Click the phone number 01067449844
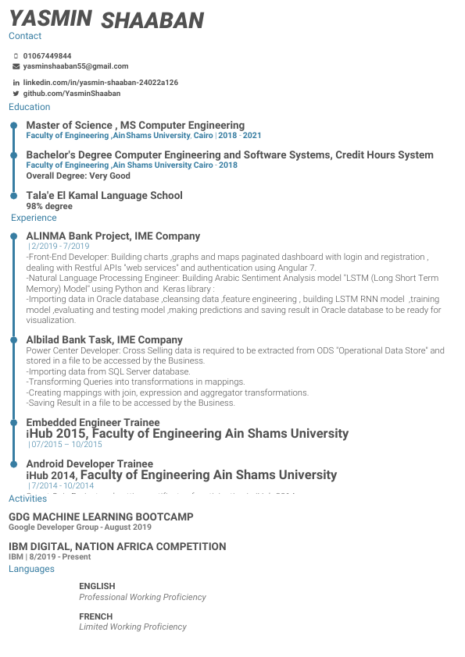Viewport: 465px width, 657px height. point(47,56)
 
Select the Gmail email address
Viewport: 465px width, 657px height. point(75,66)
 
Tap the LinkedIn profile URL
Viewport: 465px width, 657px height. point(100,83)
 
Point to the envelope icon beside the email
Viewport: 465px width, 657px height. point(16,66)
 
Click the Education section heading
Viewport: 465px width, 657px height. point(29,107)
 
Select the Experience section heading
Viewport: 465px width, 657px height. point(34,218)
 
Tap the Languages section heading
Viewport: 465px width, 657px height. point(31,569)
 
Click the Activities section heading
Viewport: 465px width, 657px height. point(27,499)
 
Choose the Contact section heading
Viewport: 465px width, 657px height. point(25,36)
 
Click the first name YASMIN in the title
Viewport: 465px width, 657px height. point(50,19)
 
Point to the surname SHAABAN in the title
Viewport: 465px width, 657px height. point(152,21)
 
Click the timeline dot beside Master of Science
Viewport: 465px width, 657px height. point(13,126)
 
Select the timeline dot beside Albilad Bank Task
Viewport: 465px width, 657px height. point(13,340)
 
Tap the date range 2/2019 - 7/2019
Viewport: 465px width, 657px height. point(59,246)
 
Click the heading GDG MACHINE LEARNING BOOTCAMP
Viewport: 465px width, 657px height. point(101,517)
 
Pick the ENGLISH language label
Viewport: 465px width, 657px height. point(97,586)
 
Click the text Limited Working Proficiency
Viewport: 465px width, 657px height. point(133,627)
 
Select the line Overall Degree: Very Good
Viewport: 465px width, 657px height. point(78,176)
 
